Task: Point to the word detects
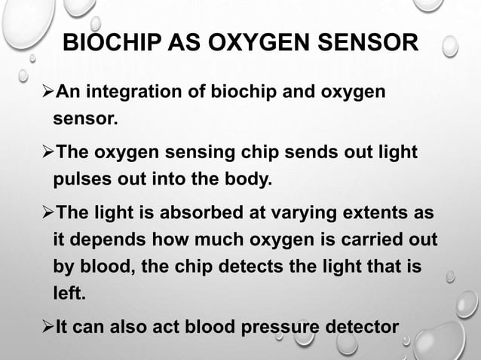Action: (x=278, y=267)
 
